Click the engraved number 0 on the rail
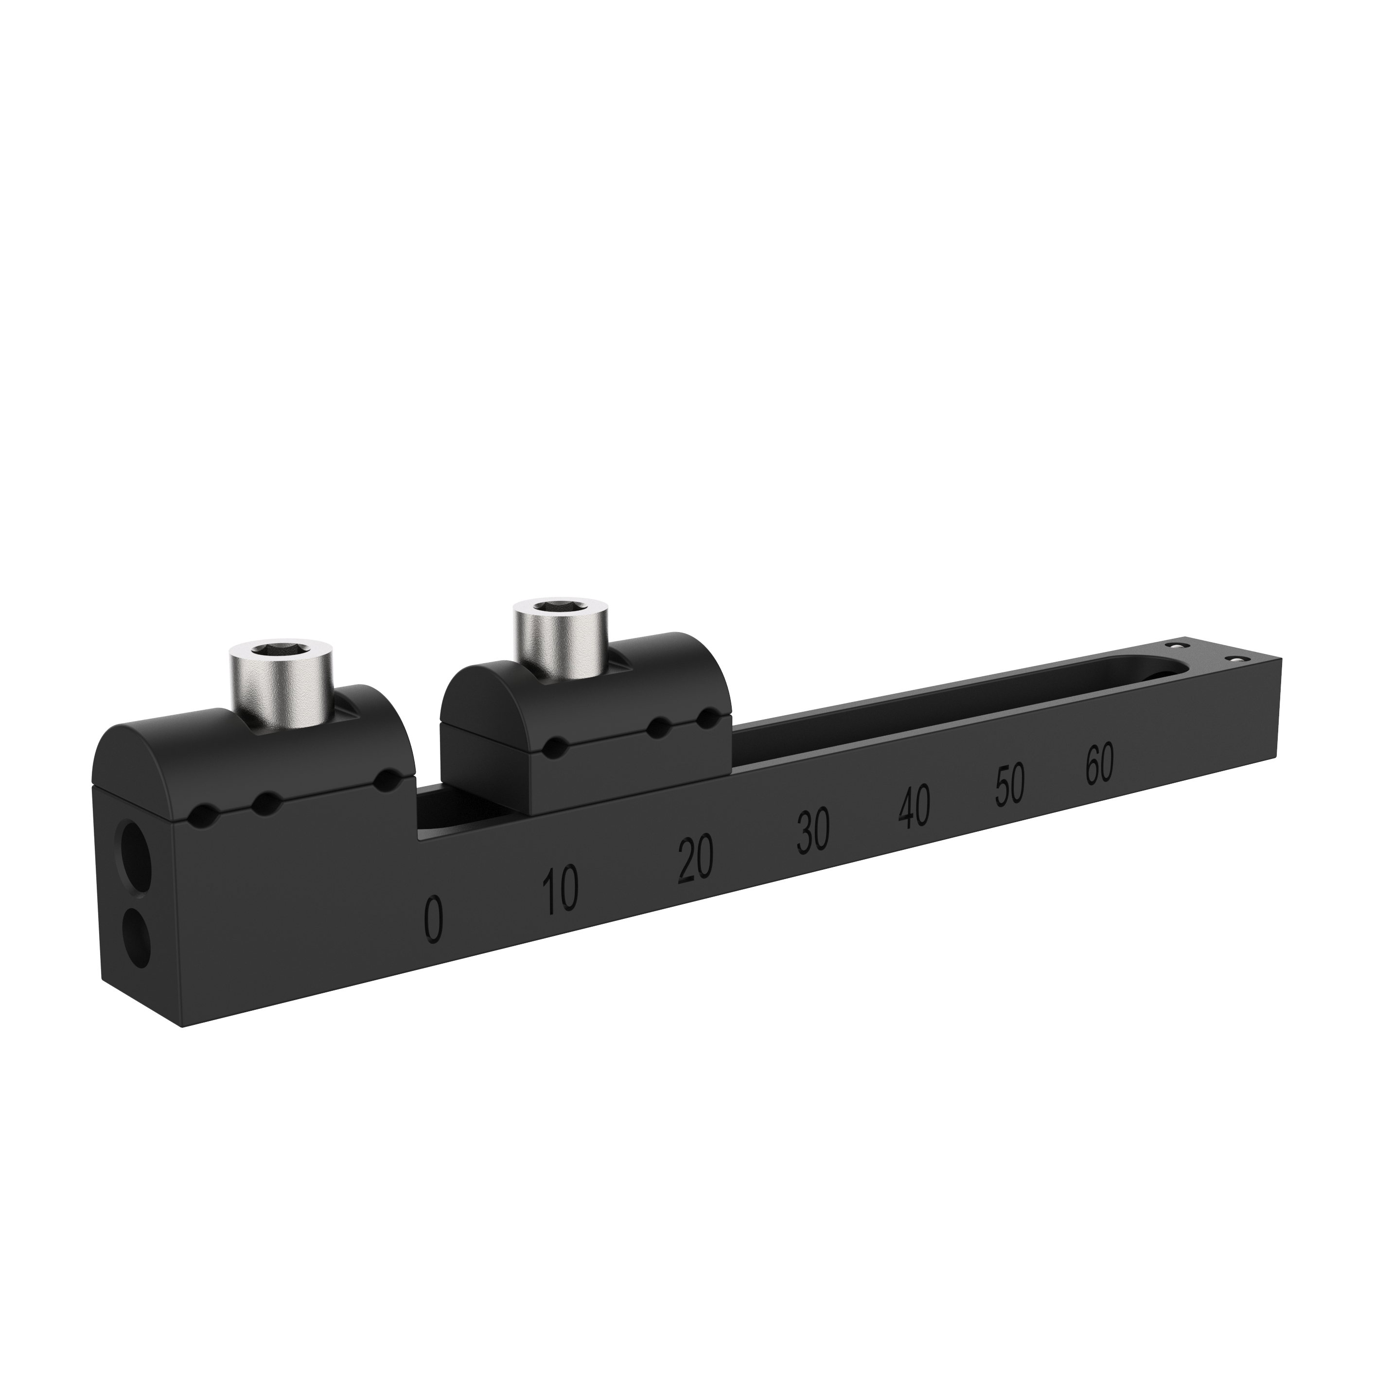click(x=433, y=920)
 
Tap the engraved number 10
click(x=561, y=889)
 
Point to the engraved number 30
click(x=812, y=830)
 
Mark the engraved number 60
click(x=1099, y=764)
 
